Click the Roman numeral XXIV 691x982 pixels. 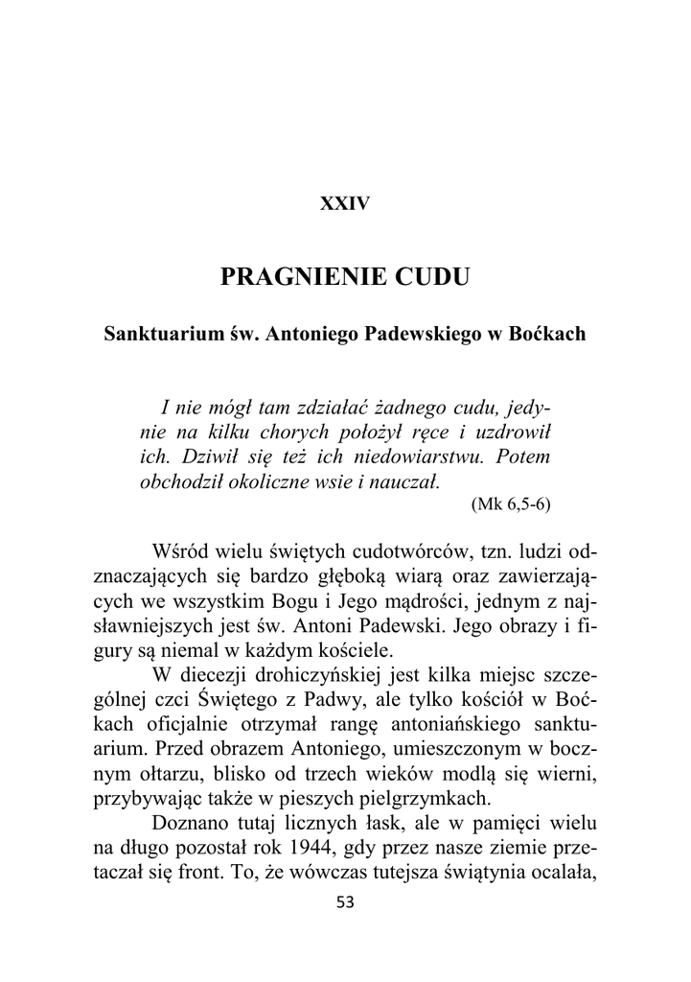[x=345, y=203]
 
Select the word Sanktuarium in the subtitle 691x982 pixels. [x=158, y=337]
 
